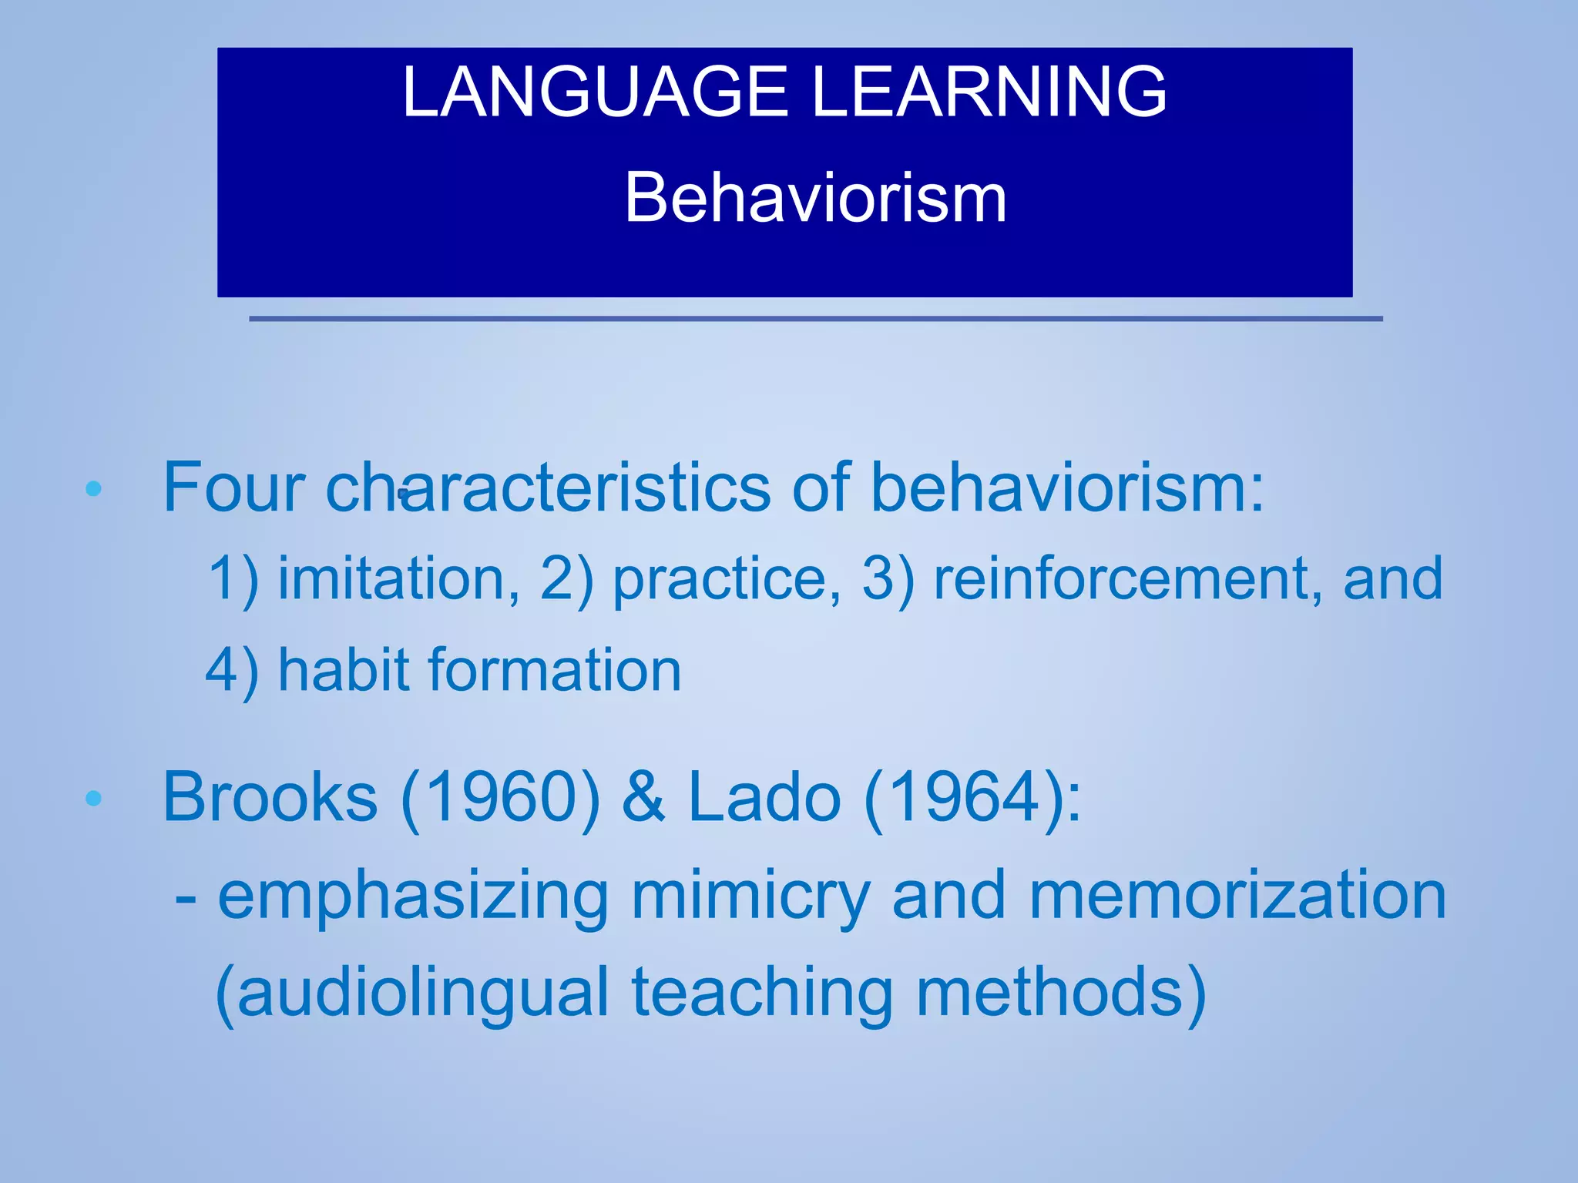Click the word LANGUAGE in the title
click(594, 92)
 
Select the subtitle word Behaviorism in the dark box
click(815, 199)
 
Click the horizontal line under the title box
click(815, 318)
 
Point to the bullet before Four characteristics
click(93, 489)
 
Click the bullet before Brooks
click(93, 799)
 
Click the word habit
click(343, 670)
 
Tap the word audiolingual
click(422, 994)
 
